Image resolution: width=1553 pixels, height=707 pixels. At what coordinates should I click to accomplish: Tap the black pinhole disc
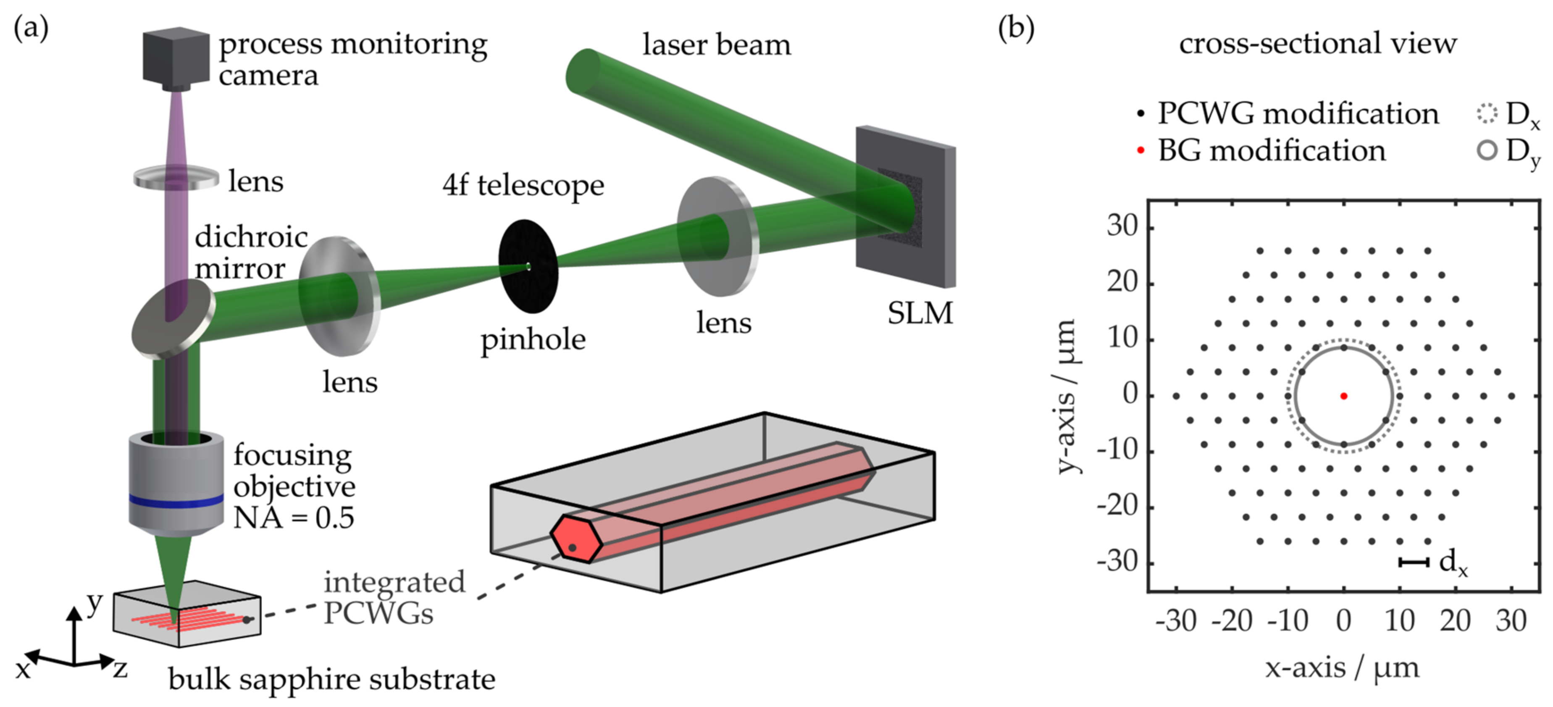[x=528, y=266]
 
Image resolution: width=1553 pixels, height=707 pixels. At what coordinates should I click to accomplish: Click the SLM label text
[x=920, y=313]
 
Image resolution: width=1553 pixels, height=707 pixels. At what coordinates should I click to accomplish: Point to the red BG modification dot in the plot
[x=1343, y=396]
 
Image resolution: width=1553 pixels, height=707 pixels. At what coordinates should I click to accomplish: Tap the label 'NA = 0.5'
[x=294, y=518]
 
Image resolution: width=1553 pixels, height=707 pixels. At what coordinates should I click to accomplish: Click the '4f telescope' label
[x=523, y=185]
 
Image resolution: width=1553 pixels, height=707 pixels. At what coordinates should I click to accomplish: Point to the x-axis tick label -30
[x=1176, y=621]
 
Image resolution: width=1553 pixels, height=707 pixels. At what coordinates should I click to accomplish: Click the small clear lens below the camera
[x=176, y=179]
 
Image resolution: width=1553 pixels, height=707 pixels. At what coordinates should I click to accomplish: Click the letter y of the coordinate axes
[x=95, y=603]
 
